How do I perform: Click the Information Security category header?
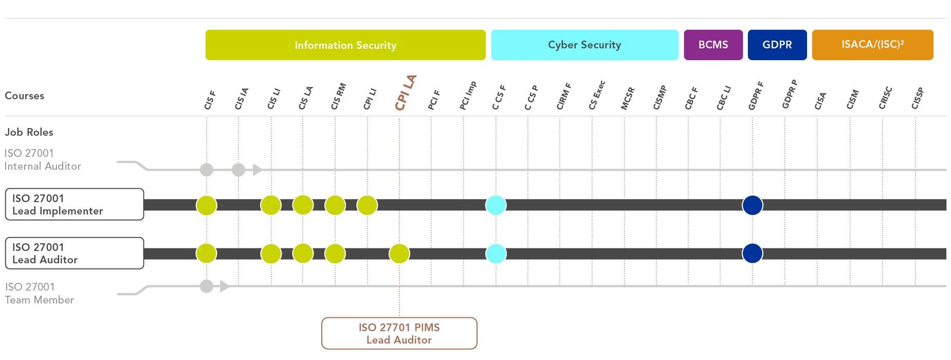click(345, 45)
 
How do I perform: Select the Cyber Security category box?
click(584, 45)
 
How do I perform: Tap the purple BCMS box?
click(713, 45)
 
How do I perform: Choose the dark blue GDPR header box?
click(777, 45)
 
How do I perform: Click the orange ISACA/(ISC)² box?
click(872, 45)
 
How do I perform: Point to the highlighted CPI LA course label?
click(405, 93)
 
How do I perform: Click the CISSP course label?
click(918, 99)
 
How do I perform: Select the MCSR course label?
click(628, 99)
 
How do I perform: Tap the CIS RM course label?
click(338, 97)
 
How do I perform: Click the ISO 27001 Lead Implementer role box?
click(75, 205)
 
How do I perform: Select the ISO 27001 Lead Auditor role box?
click(75, 254)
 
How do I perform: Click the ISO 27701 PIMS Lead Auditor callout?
click(399, 334)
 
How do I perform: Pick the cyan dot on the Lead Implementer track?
click(496, 205)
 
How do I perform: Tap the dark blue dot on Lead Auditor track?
click(753, 254)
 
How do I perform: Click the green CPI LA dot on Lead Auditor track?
click(399, 254)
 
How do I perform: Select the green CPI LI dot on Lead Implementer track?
click(367, 205)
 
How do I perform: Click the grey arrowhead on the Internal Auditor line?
click(257, 170)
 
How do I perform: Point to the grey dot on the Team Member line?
click(207, 286)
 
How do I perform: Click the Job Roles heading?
click(29, 132)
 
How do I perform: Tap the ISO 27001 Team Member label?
click(40, 294)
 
